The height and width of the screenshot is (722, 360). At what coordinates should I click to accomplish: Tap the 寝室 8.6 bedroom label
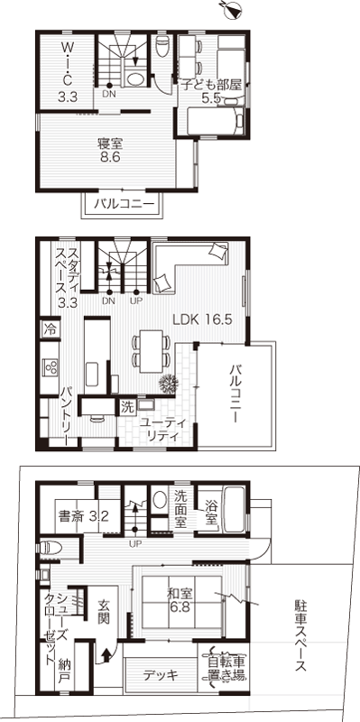tap(109, 150)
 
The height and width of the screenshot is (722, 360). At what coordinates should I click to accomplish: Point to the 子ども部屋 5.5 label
tap(211, 91)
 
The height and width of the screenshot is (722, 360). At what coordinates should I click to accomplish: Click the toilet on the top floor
tap(162, 46)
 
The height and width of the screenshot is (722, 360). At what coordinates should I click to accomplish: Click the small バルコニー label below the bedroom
tap(122, 204)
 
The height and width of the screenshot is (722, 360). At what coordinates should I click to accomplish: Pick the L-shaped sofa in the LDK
tap(189, 266)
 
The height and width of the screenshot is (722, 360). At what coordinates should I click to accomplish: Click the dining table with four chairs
tap(152, 351)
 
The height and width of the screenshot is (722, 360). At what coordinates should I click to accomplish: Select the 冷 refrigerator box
tap(49, 329)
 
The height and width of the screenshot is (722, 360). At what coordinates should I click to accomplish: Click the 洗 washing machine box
tap(126, 407)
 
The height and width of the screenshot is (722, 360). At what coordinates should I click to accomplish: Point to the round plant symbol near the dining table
tap(169, 383)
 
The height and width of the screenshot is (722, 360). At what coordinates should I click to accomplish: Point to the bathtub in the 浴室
tap(234, 509)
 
